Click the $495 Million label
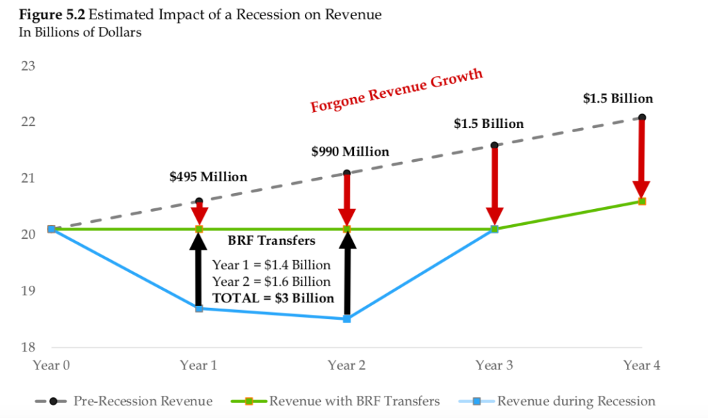point(208,176)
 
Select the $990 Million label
point(350,151)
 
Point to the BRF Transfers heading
point(272,241)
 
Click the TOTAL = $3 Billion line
point(273,298)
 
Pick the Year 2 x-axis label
point(346,365)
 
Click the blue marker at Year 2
point(347,319)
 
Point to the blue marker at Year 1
point(199,308)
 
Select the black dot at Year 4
point(642,117)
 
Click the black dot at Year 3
point(494,145)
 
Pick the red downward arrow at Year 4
point(642,159)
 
